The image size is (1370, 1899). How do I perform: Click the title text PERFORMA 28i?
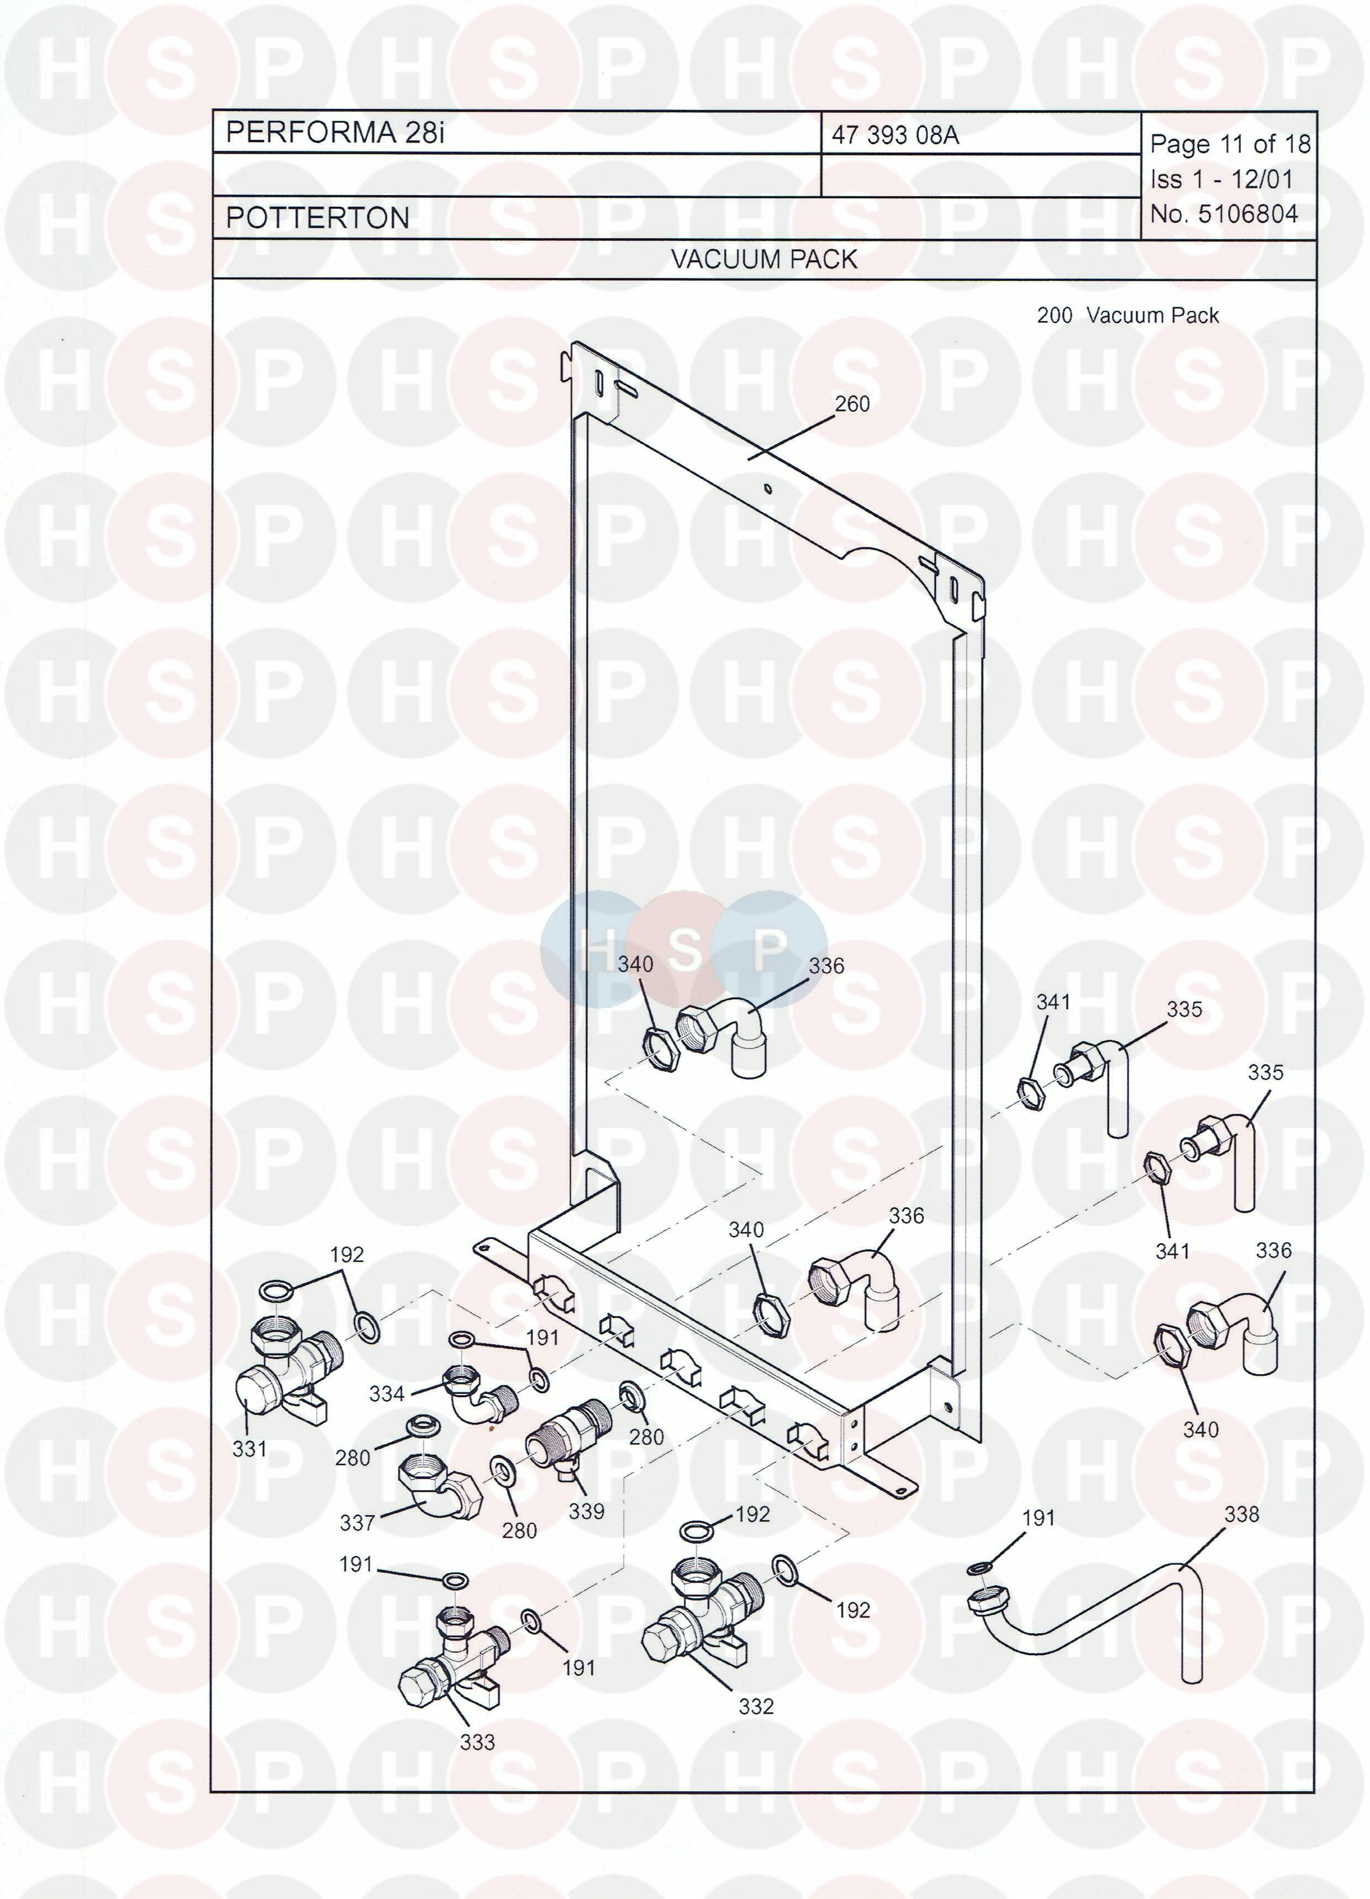(335, 132)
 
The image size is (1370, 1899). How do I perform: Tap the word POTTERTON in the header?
(318, 218)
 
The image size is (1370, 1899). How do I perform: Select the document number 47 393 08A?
(895, 135)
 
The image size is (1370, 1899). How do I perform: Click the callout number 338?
(1241, 1514)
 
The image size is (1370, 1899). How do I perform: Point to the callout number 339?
(586, 1511)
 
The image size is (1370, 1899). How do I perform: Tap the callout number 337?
(357, 1522)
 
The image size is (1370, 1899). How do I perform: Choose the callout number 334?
(387, 1393)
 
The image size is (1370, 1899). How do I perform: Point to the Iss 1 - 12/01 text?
(1221, 179)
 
